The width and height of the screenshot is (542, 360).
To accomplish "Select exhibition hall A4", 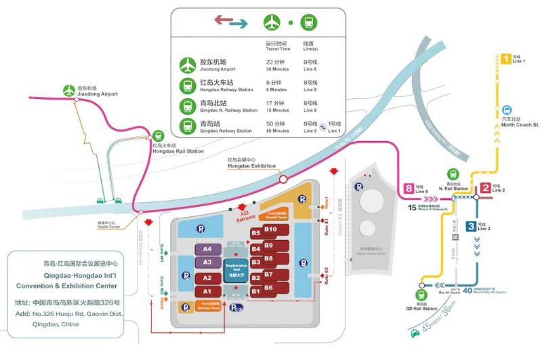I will pos(208,249).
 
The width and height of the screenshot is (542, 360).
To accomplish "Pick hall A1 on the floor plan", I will pos(208,291).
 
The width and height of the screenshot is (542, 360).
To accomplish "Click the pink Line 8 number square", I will pos(409,188).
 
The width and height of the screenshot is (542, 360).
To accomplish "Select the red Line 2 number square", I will pos(486,188).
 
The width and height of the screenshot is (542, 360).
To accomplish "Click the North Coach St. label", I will pos(520,125).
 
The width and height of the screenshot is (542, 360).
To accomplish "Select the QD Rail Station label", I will pos(423,309).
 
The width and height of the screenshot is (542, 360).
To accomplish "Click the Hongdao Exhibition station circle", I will pos(283,180).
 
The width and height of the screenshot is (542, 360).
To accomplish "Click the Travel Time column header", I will pos(277,48).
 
